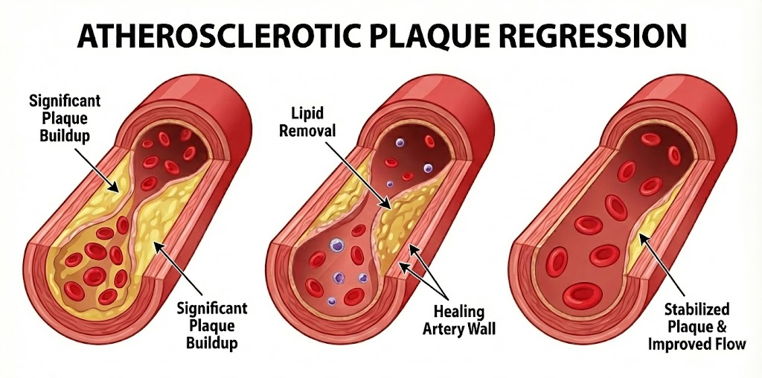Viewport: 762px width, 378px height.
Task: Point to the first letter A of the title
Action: pyautogui.click(x=88, y=36)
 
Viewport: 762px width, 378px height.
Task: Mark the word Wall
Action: pyautogui.click(x=479, y=328)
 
